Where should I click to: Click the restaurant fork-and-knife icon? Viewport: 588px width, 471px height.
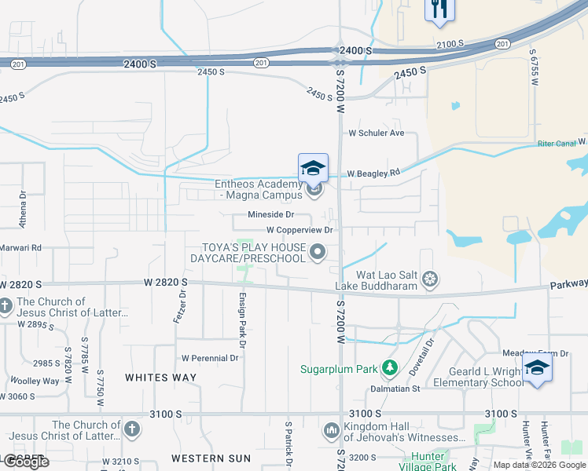click(439, 9)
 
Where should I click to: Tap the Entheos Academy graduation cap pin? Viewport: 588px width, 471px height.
click(312, 167)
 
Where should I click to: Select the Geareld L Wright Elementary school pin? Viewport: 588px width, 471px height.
click(537, 367)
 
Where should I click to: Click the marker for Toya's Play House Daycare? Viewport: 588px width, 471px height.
click(318, 251)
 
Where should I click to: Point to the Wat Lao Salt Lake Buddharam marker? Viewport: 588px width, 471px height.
click(429, 279)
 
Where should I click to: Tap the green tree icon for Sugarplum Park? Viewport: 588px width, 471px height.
click(388, 367)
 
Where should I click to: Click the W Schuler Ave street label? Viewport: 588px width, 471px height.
click(376, 133)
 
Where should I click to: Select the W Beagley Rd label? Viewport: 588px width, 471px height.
click(373, 173)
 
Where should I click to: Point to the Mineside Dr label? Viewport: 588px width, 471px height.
click(270, 214)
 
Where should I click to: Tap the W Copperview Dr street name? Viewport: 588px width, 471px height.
click(300, 230)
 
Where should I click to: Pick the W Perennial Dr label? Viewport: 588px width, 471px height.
click(210, 358)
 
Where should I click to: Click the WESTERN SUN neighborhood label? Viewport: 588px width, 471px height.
click(211, 458)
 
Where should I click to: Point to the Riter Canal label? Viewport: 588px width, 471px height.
click(558, 143)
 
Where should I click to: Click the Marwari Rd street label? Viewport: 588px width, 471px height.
click(20, 247)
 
